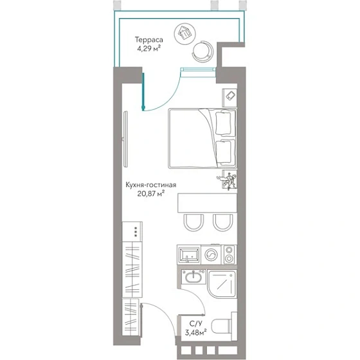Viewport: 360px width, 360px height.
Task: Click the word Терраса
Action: [x=148, y=40]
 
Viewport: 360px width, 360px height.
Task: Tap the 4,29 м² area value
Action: [x=148, y=49]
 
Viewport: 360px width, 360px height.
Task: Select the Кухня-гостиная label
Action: [x=151, y=185]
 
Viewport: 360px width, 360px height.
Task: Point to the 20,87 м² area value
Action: [x=151, y=194]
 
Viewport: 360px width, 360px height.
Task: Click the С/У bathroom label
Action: [x=196, y=324]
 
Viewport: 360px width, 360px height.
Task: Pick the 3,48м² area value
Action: [x=195, y=332]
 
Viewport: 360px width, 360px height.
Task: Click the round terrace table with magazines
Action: [x=185, y=34]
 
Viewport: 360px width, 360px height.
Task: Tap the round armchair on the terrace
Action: [x=203, y=51]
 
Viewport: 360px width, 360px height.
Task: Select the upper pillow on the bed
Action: [x=224, y=123]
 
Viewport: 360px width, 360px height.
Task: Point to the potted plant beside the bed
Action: [x=228, y=180]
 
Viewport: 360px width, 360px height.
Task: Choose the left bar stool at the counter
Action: [x=194, y=222]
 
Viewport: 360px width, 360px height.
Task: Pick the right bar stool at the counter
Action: [x=223, y=222]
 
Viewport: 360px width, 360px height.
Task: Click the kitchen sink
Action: [x=189, y=255]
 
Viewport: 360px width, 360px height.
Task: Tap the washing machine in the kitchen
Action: [x=212, y=255]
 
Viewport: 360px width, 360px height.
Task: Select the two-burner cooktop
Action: [x=229, y=255]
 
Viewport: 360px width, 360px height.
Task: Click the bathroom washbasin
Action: [x=194, y=276]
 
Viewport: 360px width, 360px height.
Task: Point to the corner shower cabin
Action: [x=222, y=284]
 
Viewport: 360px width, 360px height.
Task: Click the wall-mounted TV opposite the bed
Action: [x=125, y=139]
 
